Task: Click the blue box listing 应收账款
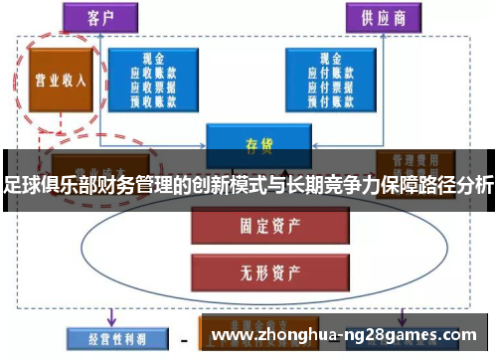click(153, 79)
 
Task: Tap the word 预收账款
click(153, 99)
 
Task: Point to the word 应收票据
click(153, 86)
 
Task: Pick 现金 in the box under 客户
click(153, 58)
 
